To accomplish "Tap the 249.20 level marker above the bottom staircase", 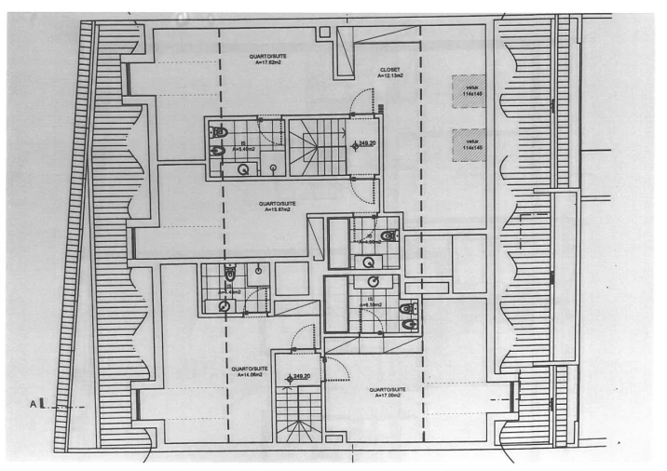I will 298,377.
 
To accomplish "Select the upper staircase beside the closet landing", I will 314,145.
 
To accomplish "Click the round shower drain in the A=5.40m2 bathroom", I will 244,168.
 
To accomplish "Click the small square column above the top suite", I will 323,32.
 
